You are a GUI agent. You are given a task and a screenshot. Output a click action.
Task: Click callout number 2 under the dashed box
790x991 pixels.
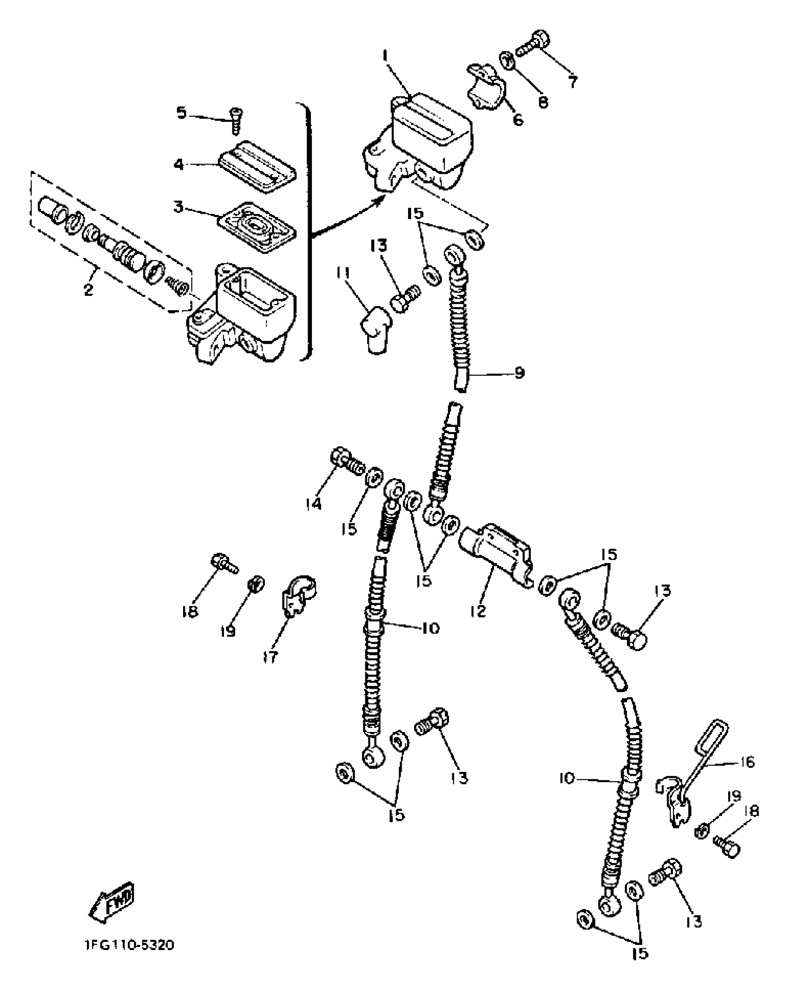coord(88,289)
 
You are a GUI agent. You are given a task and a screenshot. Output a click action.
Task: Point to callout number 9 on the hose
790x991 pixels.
coord(520,372)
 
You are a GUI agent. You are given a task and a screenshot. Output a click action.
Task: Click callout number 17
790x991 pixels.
coord(270,657)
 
